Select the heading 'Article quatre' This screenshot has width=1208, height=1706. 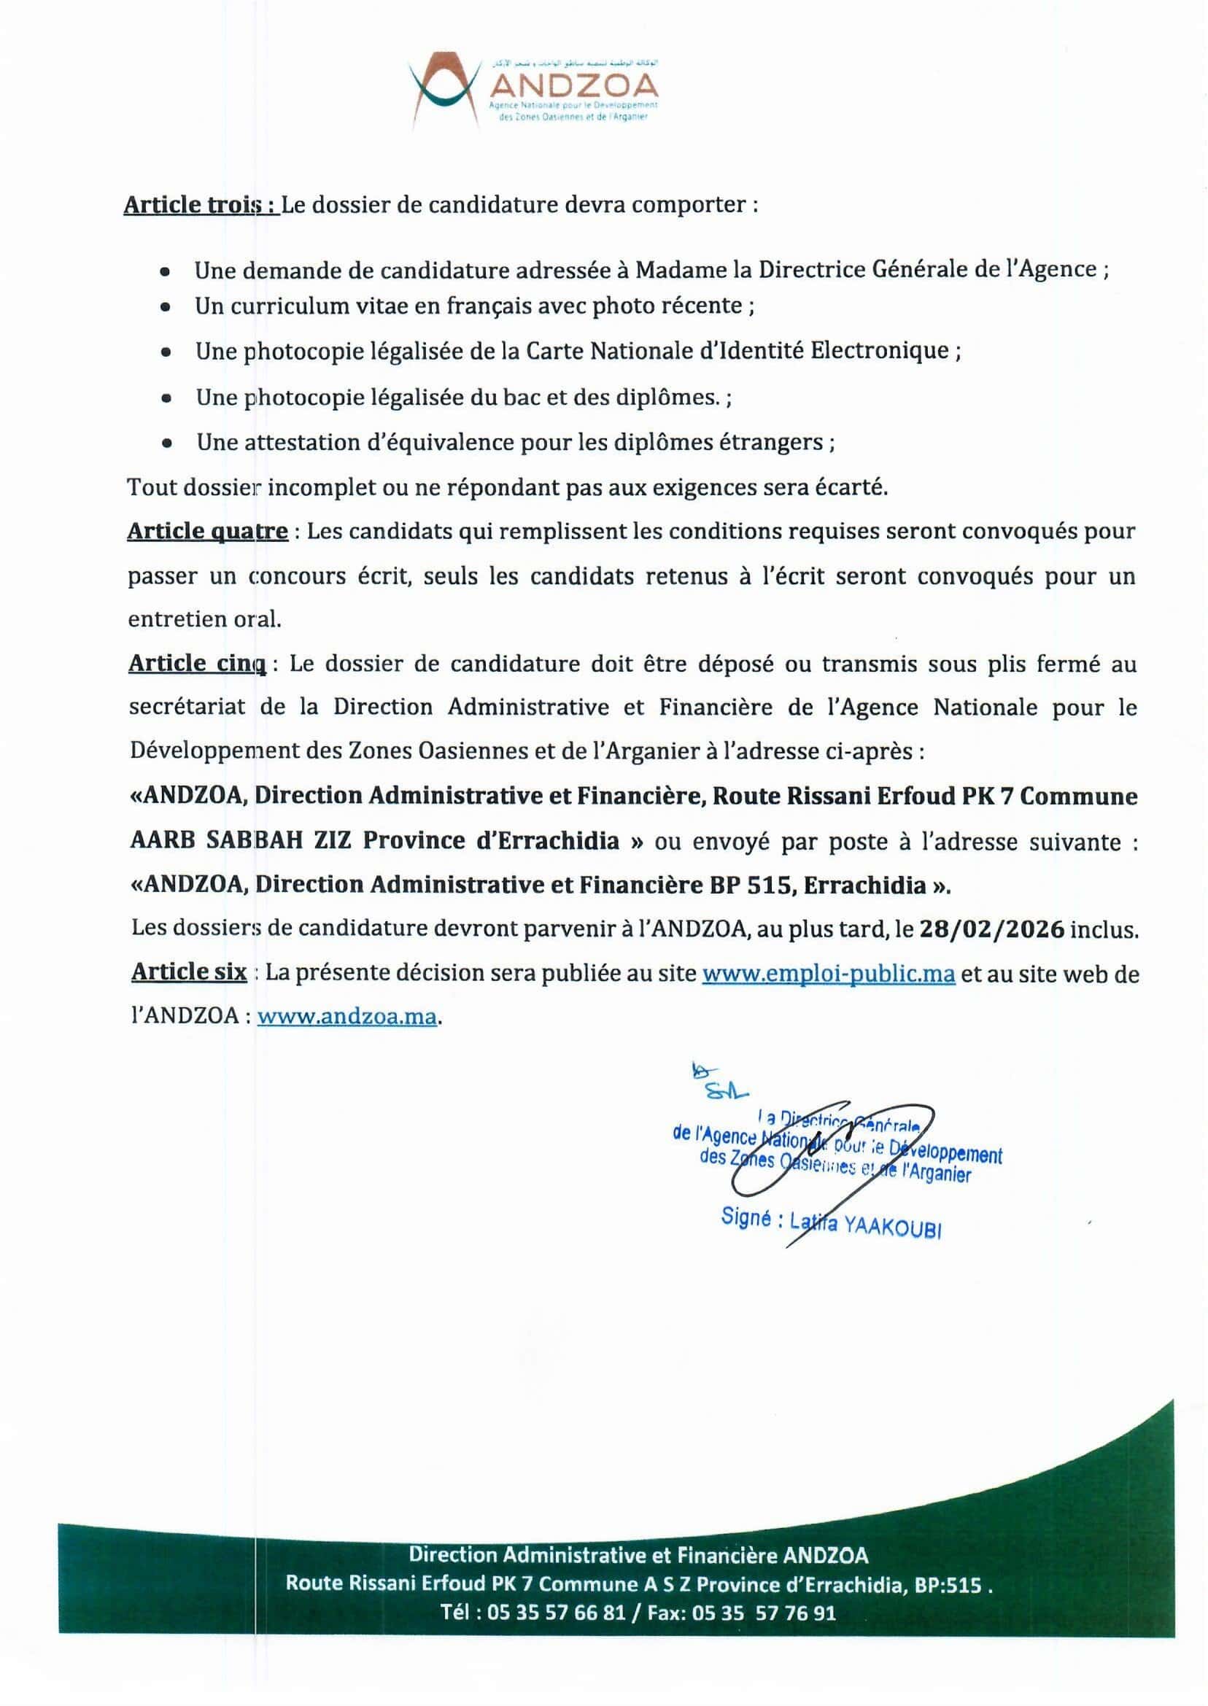point(207,532)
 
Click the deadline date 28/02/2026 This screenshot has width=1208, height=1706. point(990,930)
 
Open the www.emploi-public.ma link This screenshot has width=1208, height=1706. point(828,974)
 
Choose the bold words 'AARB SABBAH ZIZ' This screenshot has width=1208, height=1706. point(241,842)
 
